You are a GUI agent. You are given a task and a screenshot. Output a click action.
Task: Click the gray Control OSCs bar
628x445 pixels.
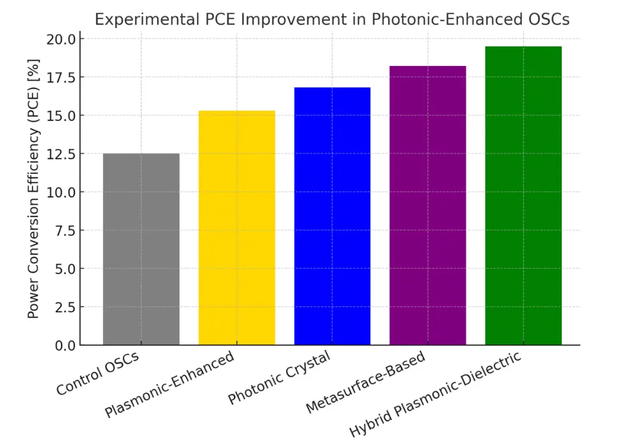[141, 249]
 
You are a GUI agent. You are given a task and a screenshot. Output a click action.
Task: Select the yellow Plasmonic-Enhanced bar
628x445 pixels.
[237, 227]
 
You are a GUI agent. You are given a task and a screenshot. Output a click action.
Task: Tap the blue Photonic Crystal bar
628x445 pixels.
[332, 216]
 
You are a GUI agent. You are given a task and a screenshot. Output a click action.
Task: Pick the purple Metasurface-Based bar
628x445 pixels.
[428, 205]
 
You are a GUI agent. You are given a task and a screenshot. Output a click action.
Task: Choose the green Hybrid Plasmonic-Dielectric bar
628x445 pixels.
[524, 196]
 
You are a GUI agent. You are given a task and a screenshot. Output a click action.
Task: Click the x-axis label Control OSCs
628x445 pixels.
[98, 373]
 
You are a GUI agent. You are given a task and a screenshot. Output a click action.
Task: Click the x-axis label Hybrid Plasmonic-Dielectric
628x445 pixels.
[436, 394]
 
